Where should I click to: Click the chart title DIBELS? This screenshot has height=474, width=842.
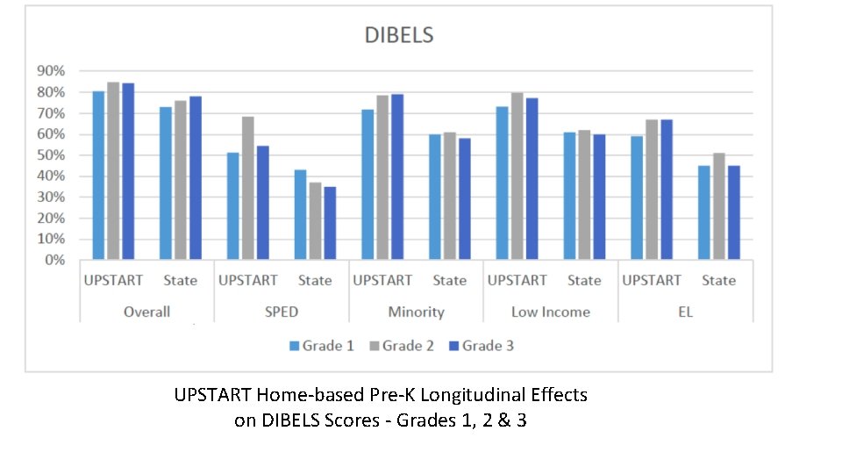pos(399,36)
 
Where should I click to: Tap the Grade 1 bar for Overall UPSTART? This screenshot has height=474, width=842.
pos(98,176)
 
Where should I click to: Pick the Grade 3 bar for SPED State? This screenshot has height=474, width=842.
pos(330,223)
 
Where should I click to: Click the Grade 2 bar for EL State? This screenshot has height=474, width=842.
pos(719,206)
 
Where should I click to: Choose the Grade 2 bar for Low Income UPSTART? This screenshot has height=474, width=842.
pos(517,176)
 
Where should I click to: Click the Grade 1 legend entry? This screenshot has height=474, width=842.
pos(321,346)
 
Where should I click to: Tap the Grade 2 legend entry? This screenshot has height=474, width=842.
pos(401,346)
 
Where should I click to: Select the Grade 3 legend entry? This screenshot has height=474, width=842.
pos(481,346)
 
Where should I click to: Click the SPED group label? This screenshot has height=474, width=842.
pos(282,312)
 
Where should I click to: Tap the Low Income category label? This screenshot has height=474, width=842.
pos(551,312)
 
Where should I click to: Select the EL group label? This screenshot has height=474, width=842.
pos(685,312)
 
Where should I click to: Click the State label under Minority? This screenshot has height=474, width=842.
pos(449,281)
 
